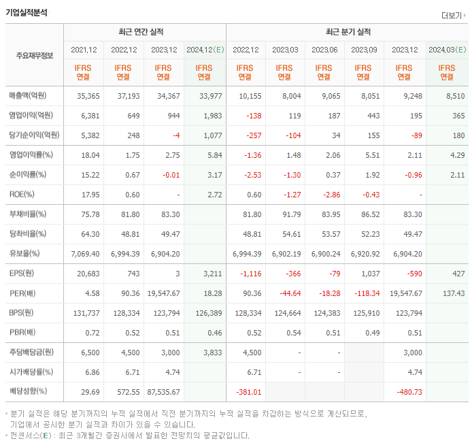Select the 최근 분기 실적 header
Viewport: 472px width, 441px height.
click(348, 32)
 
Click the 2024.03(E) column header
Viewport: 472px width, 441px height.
click(447, 50)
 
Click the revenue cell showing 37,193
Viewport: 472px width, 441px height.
click(124, 96)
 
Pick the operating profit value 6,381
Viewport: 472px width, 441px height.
click(89, 116)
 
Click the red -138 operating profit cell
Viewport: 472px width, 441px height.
click(252, 116)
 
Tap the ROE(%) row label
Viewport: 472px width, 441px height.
click(22, 195)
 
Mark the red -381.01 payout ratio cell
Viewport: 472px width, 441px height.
click(248, 391)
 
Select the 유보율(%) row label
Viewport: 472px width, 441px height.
click(25, 253)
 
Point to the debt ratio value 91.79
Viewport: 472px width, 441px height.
click(290, 214)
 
